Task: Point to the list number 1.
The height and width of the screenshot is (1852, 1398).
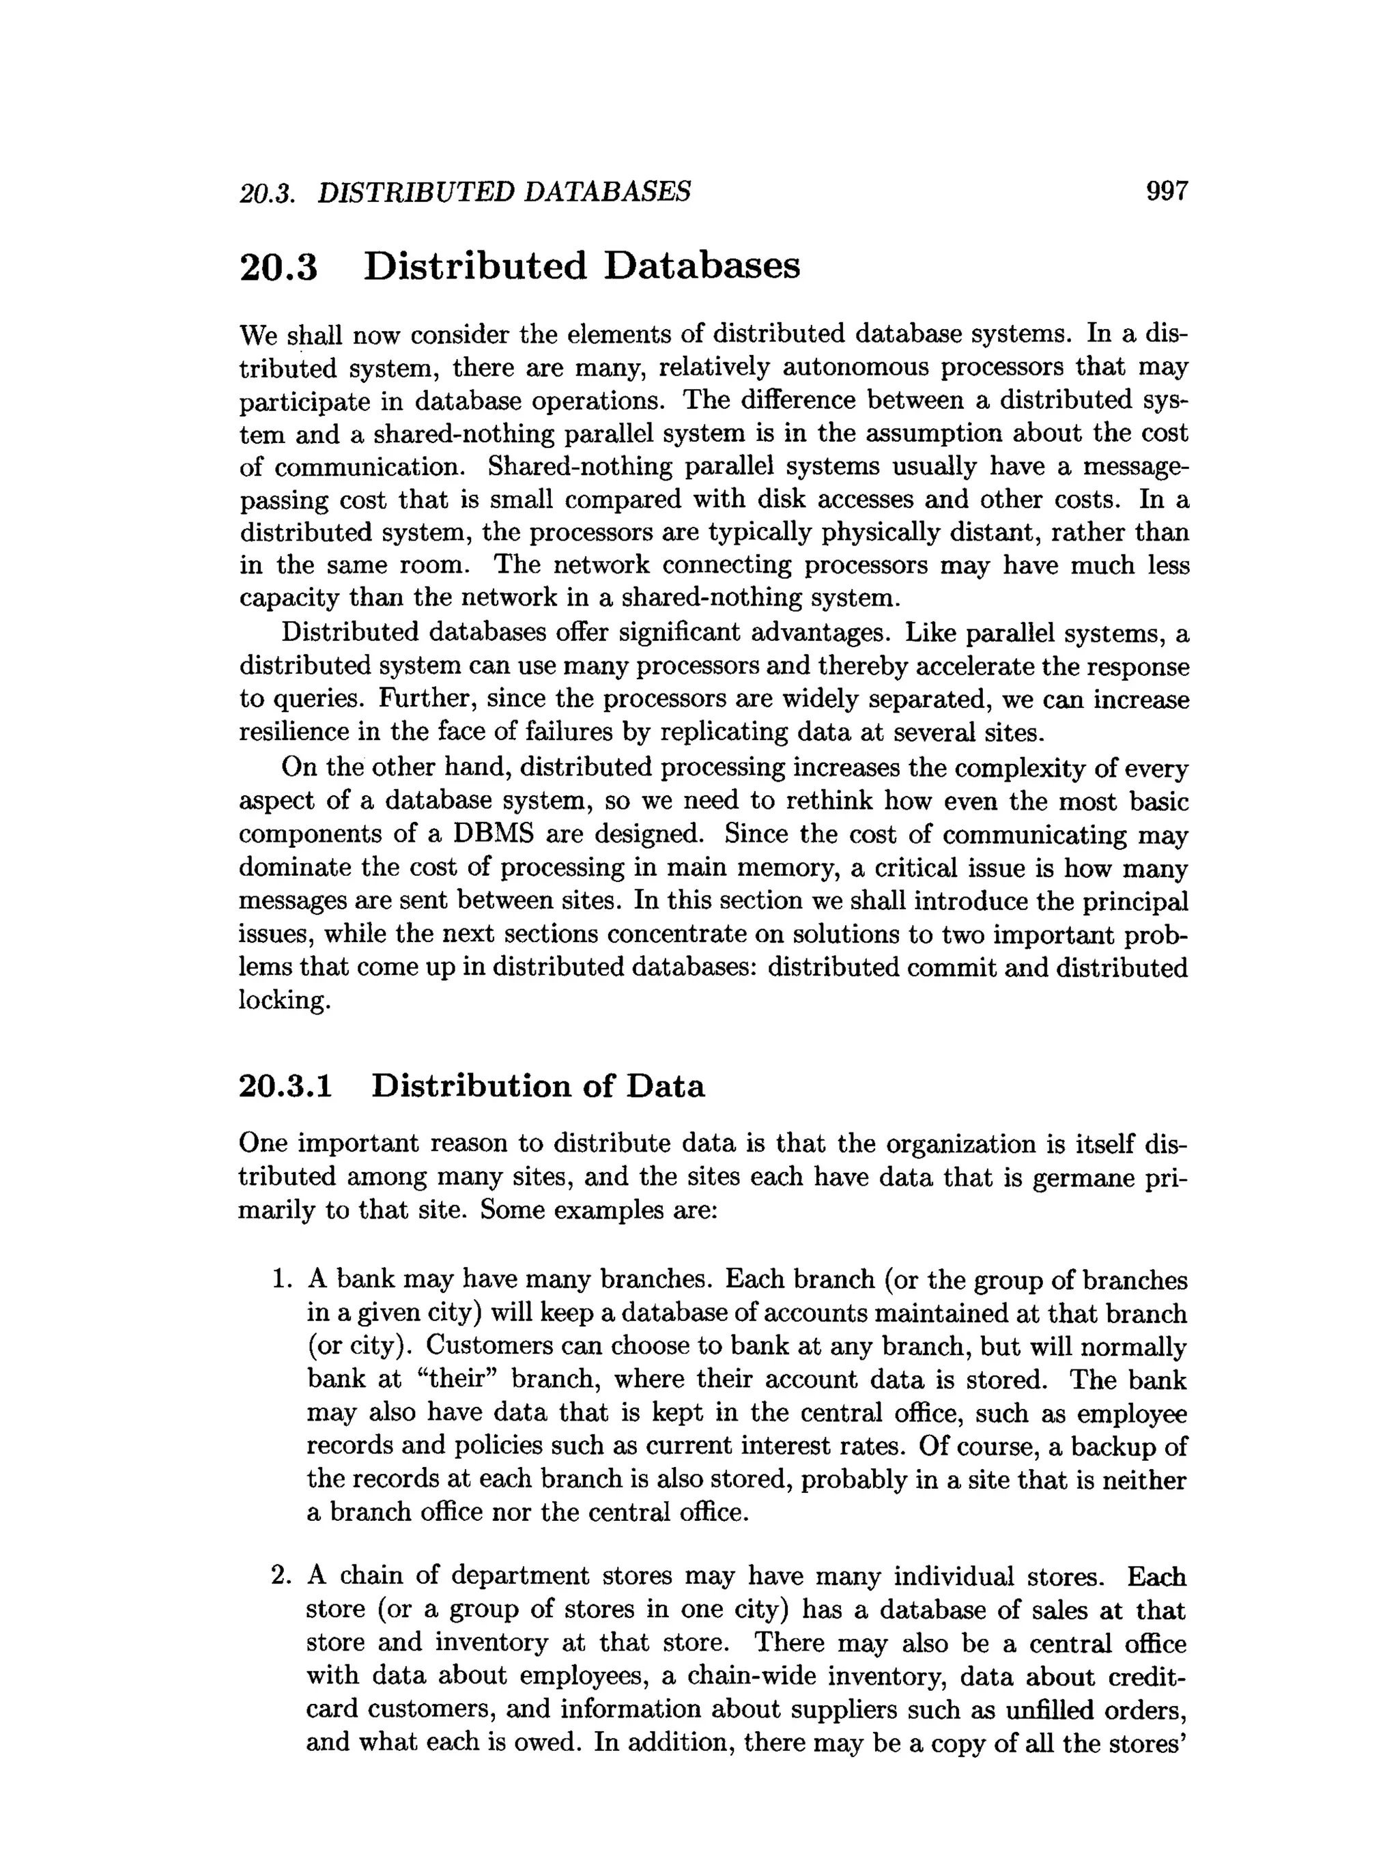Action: click(x=281, y=1279)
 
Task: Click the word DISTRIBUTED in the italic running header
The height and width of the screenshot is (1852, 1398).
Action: click(x=415, y=192)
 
